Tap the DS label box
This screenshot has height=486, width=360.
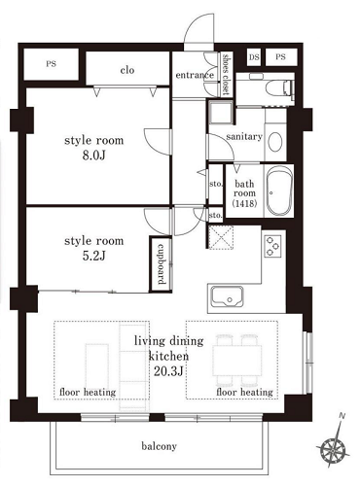point(254,57)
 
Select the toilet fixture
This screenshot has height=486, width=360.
point(278,88)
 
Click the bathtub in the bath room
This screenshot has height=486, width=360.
point(279,191)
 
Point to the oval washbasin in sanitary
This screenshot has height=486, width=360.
point(275,142)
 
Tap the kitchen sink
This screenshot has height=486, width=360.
point(228,296)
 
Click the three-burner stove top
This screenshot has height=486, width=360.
point(272,246)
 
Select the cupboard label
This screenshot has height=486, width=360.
point(161,263)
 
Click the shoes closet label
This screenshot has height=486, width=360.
point(226,74)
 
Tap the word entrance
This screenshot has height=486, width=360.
point(195,75)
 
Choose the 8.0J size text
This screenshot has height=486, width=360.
point(93,156)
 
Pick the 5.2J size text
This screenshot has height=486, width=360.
point(93,256)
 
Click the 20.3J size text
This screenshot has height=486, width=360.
point(168,371)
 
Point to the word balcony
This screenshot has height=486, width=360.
point(159,446)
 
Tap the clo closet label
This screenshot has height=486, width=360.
point(127,70)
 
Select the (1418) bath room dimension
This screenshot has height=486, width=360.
point(244,204)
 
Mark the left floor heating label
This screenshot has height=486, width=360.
point(88,393)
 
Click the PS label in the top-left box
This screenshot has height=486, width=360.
point(51,64)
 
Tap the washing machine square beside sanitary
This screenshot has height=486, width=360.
point(221,112)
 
